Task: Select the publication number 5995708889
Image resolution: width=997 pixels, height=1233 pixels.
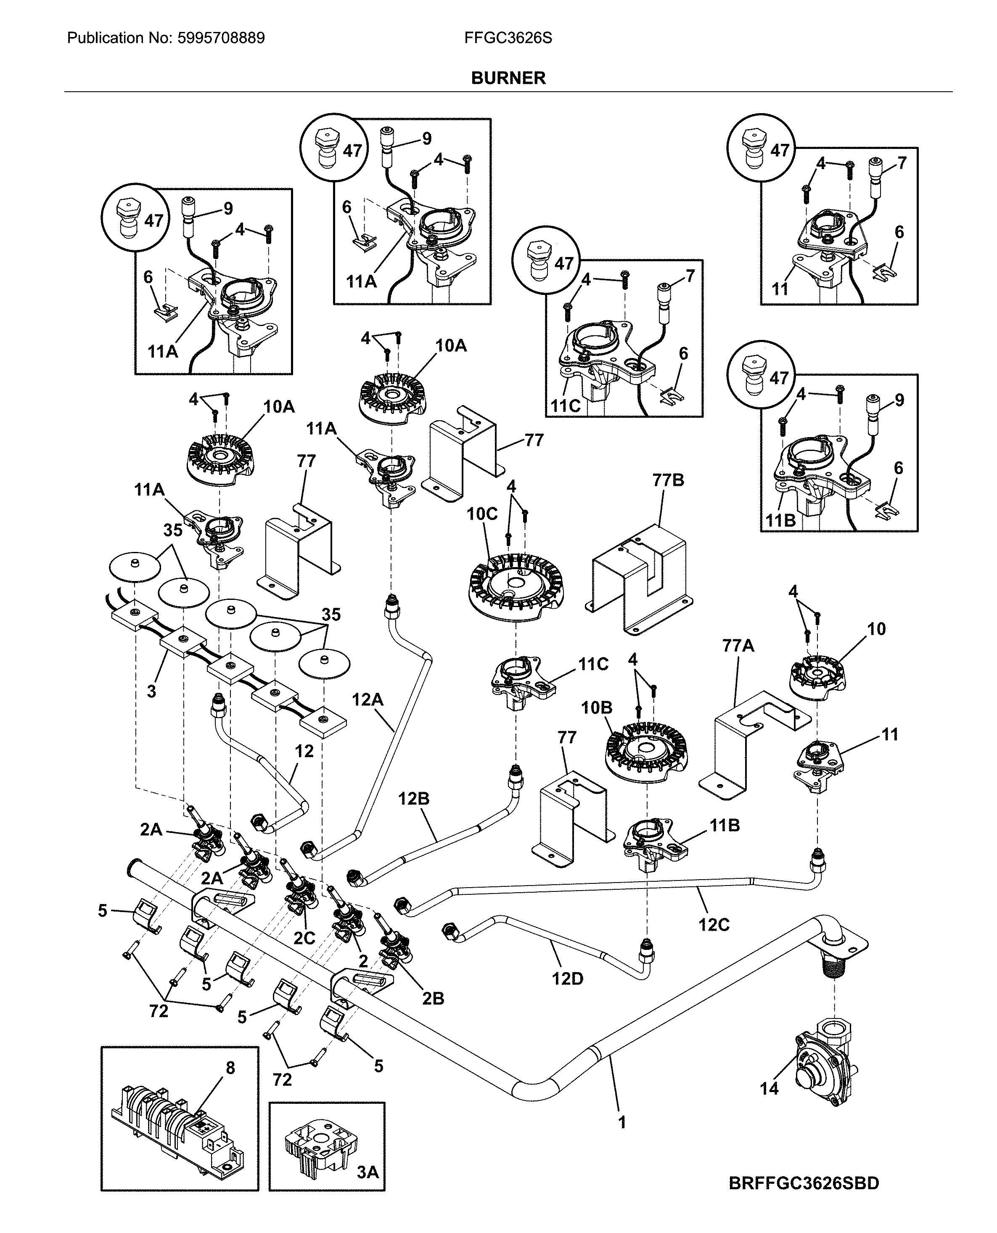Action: (x=221, y=38)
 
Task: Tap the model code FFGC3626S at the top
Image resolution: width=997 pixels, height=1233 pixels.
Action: (x=508, y=38)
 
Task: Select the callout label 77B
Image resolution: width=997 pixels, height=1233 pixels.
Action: (x=668, y=480)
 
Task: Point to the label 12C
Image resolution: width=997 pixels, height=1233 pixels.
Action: (x=714, y=925)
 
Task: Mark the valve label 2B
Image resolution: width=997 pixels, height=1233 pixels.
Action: (x=433, y=999)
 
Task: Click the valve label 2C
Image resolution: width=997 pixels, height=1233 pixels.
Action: (x=304, y=938)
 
